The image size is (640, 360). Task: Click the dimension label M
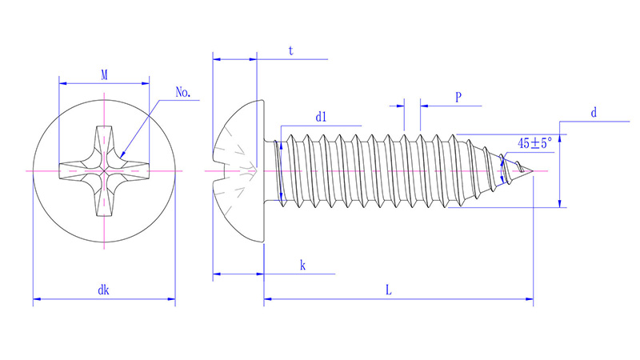[x=105, y=74]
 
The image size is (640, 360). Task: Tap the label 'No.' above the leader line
[x=183, y=92]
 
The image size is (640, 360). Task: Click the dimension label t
[x=290, y=50]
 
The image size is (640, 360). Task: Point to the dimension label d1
[x=322, y=117]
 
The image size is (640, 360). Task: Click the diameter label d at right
[x=594, y=113]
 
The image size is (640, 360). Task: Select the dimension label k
[x=302, y=265]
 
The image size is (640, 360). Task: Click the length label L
[x=388, y=290]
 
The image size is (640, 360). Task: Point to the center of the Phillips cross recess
[x=105, y=171]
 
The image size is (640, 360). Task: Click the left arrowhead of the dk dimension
[x=36, y=301]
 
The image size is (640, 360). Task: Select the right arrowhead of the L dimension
[x=529, y=301]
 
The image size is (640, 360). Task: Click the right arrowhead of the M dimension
[x=146, y=83]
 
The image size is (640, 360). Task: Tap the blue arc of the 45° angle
[x=502, y=171]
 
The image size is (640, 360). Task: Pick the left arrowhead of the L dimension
[x=268, y=301]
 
